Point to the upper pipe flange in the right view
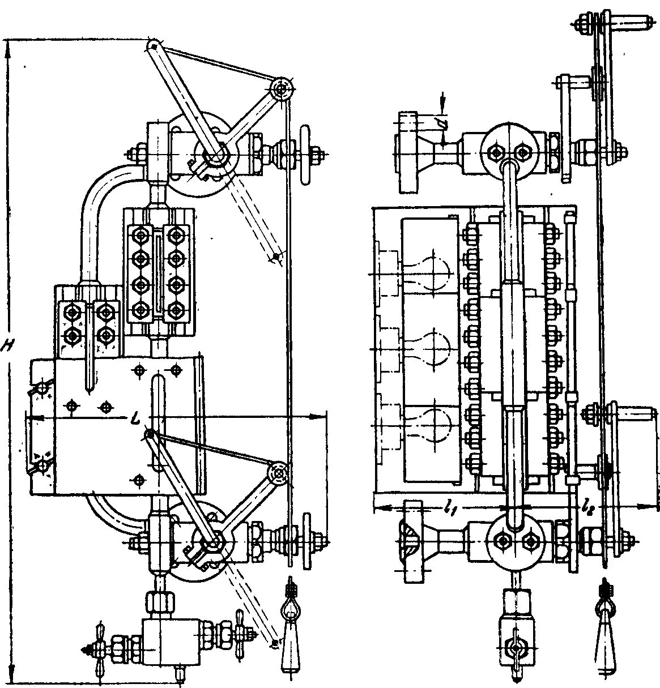pyautogui.click(x=408, y=150)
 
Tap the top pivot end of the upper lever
pyautogui.click(x=153, y=45)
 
